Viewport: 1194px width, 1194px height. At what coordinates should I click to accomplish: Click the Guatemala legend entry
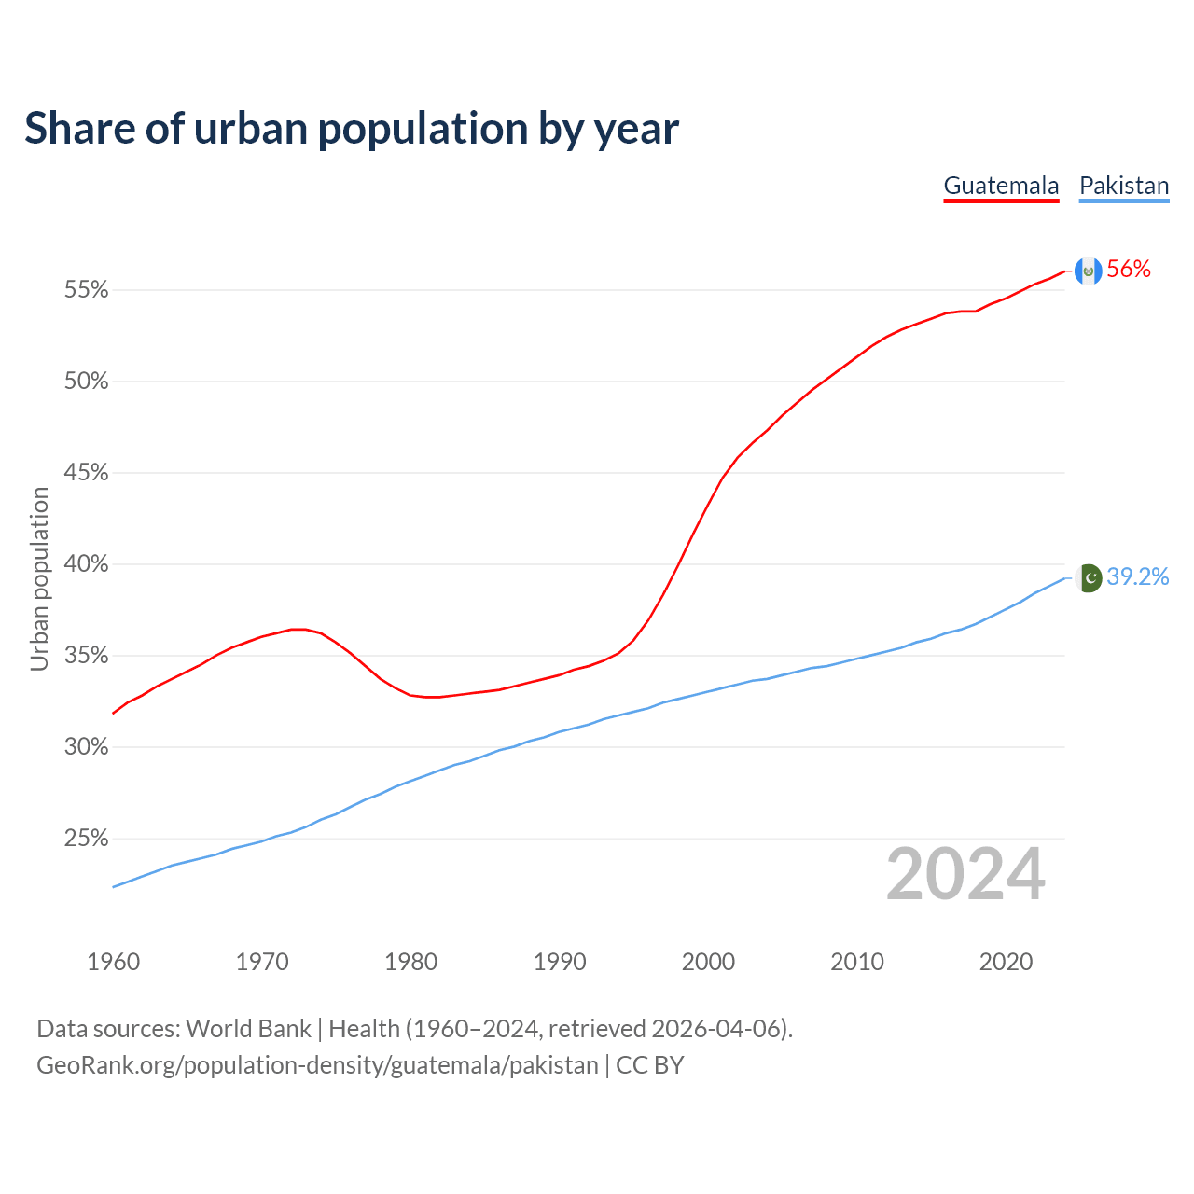point(1001,186)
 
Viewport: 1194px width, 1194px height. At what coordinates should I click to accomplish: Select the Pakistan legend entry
point(1124,186)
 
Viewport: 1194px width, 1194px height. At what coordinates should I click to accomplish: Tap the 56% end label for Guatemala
point(1129,270)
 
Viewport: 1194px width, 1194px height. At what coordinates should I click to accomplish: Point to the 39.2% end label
point(1137,577)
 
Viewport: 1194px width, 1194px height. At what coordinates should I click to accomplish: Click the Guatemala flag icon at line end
point(1088,271)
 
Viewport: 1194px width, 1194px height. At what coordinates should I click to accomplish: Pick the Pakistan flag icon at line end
point(1089,578)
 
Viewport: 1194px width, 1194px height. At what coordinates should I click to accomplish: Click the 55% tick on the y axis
point(86,290)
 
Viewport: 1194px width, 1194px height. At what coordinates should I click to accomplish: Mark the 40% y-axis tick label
point(86,564)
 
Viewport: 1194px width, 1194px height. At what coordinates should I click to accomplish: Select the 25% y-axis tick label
point(86,839)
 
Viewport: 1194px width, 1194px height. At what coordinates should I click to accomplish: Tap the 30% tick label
point(86,747)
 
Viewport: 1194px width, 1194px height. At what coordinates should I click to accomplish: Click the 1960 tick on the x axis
point(113,962)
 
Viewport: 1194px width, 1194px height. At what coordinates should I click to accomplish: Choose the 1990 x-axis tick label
point(560,962)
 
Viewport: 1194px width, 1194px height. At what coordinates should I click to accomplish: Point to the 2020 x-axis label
point(1006,962)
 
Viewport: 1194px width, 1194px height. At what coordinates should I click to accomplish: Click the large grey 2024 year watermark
point(965,874)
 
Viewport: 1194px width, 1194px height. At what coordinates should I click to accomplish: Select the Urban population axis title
point(39,578)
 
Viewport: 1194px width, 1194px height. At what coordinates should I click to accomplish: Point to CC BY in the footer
point(650,1065)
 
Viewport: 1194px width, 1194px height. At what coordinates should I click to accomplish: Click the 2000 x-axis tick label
point(708,962)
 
